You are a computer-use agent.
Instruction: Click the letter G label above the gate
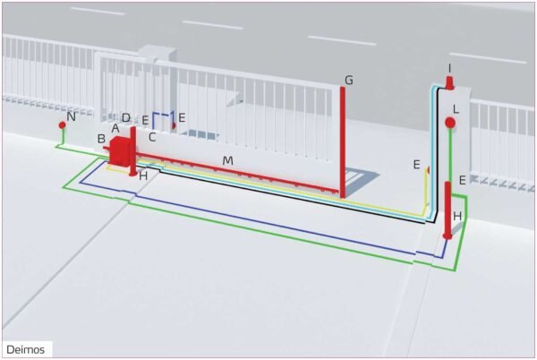coord(348,81)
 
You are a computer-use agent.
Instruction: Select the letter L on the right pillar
coord(456,108)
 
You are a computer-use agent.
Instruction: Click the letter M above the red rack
coord(228,160)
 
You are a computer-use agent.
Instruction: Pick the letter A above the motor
coord(115,128)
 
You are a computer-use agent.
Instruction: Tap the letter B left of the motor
coord(101,139)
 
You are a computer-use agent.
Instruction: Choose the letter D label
coord(125,118)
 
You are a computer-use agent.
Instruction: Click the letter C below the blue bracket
coord(152,137)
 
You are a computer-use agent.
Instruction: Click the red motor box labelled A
coord(119,150)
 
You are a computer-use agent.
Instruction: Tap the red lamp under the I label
coord(450,83)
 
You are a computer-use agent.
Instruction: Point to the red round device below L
coord(450,123)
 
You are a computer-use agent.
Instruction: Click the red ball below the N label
coord(63,125)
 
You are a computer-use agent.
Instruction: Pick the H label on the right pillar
coord(457,216)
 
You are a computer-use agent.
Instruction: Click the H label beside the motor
coord(143,176)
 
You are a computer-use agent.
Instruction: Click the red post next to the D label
coord(132,150)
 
